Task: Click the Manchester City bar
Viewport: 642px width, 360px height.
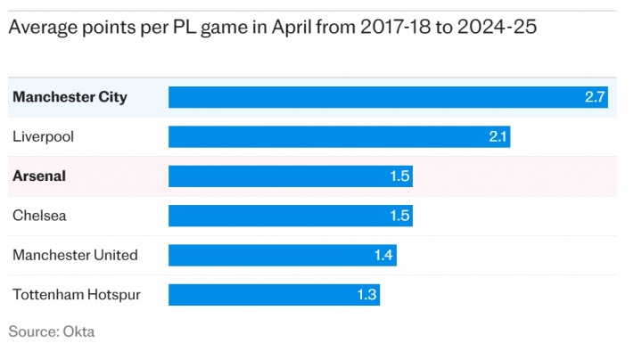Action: click(389, 97)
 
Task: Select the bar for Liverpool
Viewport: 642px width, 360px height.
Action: click(339, 136)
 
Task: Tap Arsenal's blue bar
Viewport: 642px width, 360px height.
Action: click(290, 176)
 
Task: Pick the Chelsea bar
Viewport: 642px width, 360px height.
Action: click(290, 216)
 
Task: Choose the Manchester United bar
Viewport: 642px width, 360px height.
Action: click(282, 255)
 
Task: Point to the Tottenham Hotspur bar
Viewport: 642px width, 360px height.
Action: click(274, 294)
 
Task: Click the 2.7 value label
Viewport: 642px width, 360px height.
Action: click(595, 97)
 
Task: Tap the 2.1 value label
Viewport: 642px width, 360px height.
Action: click(498, 136)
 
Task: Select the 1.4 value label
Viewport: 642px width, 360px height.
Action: click(383, 256)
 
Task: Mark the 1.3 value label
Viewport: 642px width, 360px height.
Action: click(367, 295)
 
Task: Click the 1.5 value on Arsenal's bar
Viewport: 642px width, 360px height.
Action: click(399, 176)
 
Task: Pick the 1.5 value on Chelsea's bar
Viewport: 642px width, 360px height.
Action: click(399, 216)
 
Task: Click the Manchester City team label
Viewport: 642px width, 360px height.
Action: click(70, 97)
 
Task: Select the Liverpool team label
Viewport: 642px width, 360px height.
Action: click(43, 136)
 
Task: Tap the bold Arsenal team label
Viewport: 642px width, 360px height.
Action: click(39, 176)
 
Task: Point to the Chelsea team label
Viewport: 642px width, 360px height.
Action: click(39, 216)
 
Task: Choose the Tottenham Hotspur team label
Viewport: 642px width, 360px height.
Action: click(77, 294)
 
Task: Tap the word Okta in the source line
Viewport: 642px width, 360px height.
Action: click(78, 331)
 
